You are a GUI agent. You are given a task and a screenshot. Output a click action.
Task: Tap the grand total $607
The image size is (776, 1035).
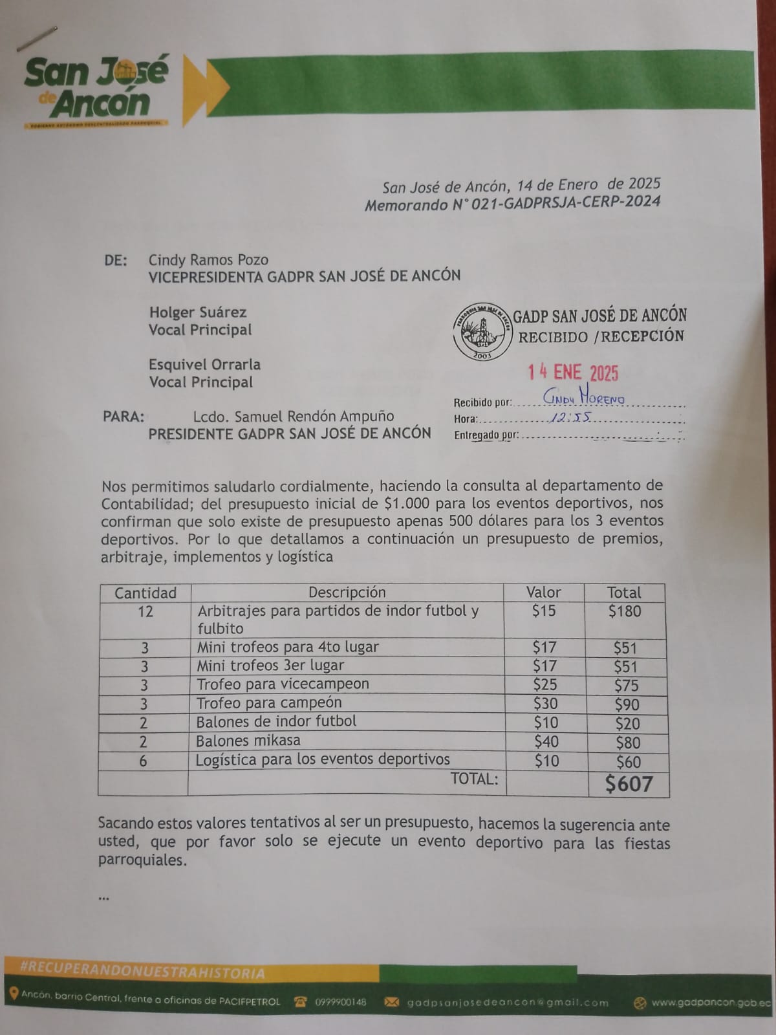pos(629,784)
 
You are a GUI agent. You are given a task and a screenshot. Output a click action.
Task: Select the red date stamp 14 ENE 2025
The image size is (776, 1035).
pos(573,373)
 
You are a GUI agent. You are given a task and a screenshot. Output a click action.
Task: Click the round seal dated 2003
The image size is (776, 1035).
pos(482,331)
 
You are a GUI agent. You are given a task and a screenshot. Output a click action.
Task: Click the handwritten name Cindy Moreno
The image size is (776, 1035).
pos(583,399)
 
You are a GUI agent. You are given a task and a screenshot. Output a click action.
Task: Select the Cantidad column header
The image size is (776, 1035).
pos(145,593)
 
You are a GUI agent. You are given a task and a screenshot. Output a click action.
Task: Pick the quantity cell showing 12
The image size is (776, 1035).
pos(145,611)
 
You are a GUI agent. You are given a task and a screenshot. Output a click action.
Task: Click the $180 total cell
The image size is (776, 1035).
pos(625,611)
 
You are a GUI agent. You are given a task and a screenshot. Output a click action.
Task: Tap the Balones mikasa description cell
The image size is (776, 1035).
pos(249,741)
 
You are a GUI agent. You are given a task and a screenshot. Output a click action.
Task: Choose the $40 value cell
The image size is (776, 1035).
pos(546,741)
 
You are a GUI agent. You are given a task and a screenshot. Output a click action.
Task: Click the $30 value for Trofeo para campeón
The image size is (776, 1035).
pos(545,703)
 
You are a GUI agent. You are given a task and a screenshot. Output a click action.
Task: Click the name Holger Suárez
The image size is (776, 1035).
pos(198,312)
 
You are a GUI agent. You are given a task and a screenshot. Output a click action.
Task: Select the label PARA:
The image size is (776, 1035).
pos(124,417)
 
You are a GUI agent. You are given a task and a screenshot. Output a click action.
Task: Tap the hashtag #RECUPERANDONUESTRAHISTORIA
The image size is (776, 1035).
pos(142,973)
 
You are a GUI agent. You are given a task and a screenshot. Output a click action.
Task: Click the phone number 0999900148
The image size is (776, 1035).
pos(340,1002)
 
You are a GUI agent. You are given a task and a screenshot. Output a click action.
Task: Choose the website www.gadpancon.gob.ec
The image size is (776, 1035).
pos(711,1003)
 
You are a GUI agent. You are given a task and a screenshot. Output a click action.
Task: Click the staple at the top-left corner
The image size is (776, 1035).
pos(38,39)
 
